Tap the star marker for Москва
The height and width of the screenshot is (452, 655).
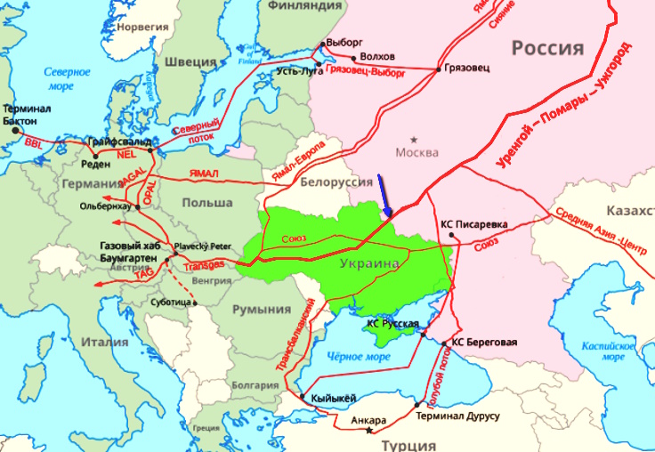413,139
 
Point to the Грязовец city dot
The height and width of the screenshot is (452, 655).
438,69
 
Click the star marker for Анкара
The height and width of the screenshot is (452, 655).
369,432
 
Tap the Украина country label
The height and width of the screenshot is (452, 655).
368,263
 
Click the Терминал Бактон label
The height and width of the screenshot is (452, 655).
27,114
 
